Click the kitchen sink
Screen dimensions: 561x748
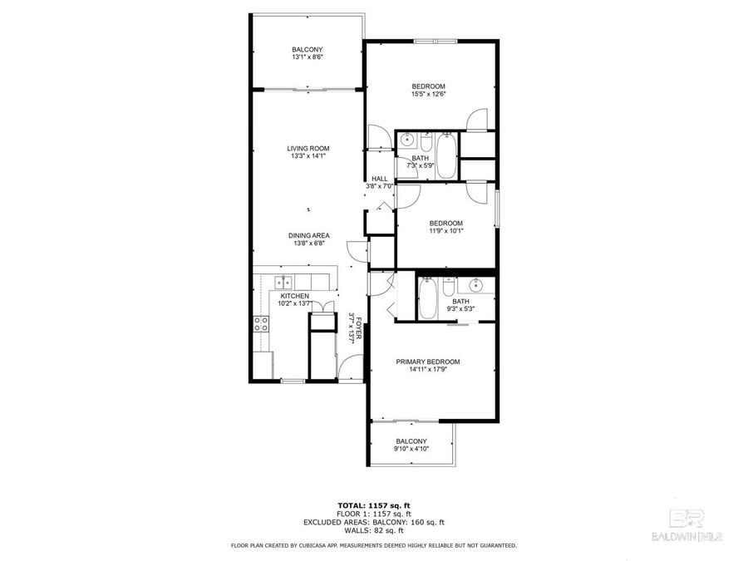[x=283, y=281]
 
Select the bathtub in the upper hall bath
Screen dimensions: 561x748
[x=446, y=156]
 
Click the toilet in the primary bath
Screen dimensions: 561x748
[x=449, y=287]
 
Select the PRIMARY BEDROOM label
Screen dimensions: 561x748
[x=428, y=362]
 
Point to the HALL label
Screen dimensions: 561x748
[x=380, y=179]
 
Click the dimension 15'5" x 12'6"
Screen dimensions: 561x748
[x=429, y=94]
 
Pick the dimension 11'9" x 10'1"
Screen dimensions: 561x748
[x=445, y=231]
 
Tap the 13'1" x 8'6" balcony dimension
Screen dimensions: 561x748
[x=307, y=57]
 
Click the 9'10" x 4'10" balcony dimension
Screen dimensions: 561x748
[x=411, y=450]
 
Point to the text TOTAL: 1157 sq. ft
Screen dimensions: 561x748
[x=373, y=505]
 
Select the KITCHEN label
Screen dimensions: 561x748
[x=294, y=296]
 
